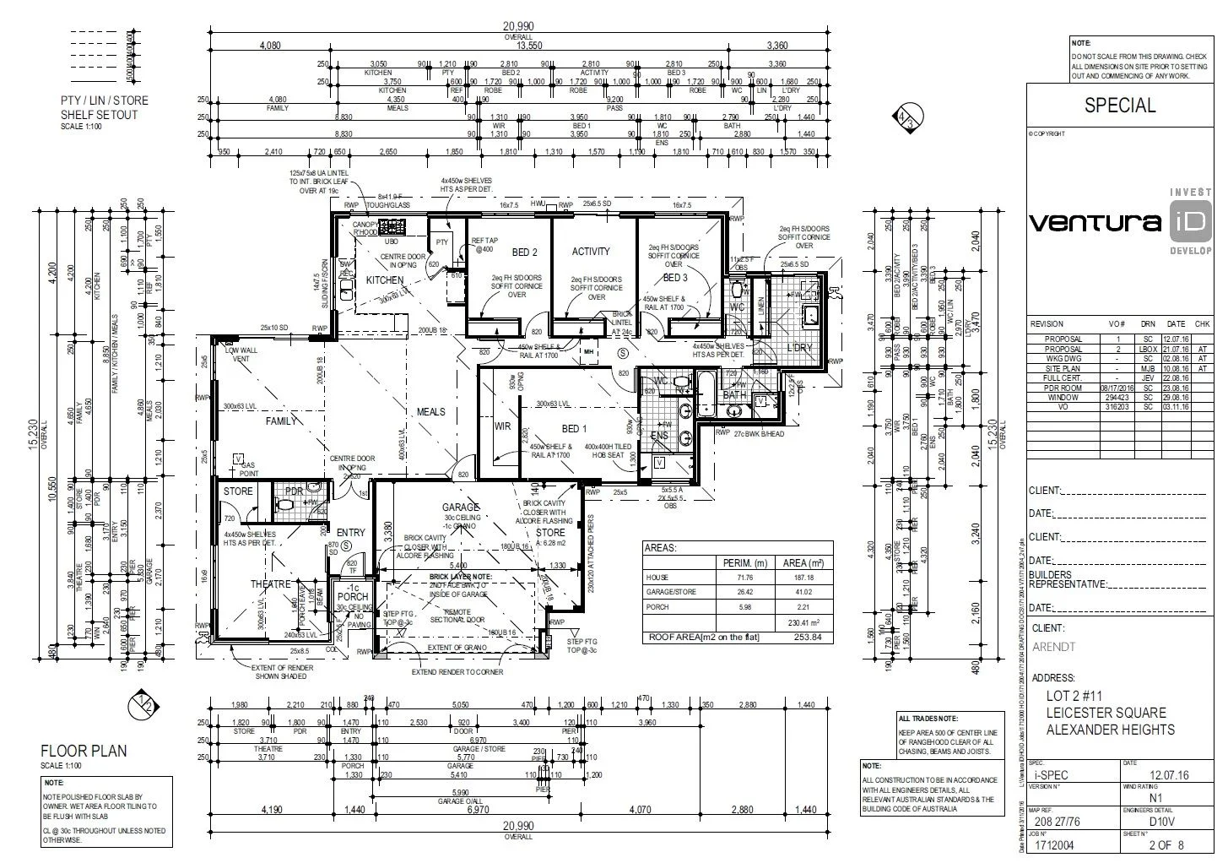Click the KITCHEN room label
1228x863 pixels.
tap(384, 280)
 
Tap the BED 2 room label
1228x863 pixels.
tap(524, 252)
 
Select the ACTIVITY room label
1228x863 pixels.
tap(590, 252)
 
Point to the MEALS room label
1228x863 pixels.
tap(430, 412)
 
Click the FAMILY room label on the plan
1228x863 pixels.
tap(281, 421)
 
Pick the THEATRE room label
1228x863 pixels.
tap(270, 584)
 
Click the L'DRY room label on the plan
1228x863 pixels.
tap(798, 348)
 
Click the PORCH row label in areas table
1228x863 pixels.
tap(658, 606)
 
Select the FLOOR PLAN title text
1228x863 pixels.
tap(84, 752)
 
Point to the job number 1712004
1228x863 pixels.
tap(1055, 844)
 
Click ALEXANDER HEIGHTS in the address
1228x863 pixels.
tap(1110, 730)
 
